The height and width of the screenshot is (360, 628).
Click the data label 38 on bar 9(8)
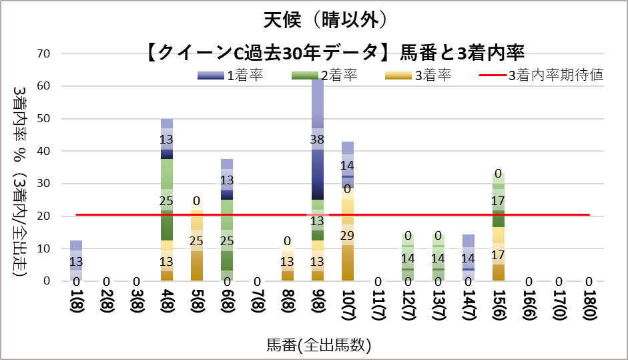coord(318,140)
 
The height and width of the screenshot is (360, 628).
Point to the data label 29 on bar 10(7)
coord(348,235)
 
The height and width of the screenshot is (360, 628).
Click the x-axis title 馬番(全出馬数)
coord(318,345)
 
